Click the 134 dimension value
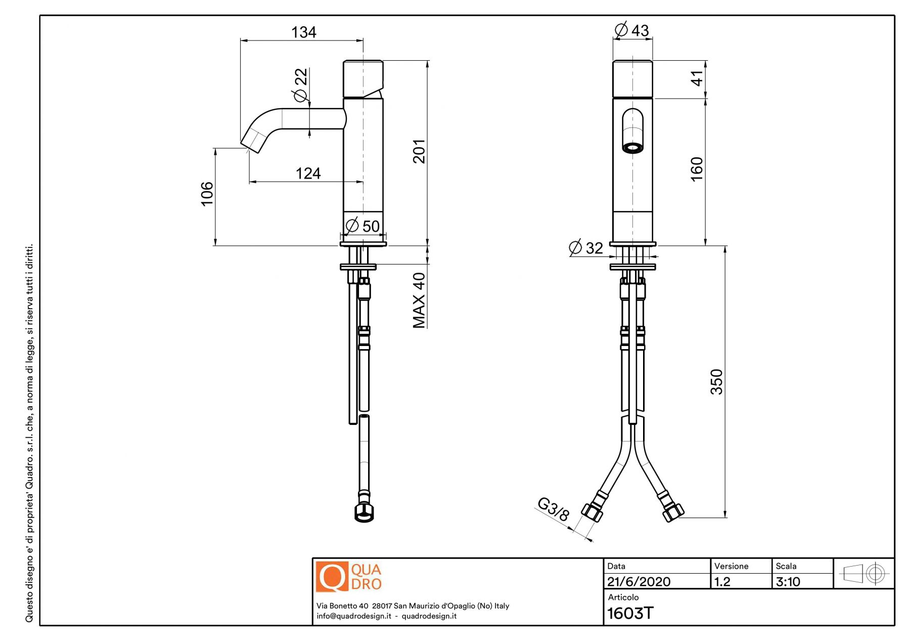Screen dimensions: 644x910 tap(303, 32)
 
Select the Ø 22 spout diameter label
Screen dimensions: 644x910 tap(300, 84)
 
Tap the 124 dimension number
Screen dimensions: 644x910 tap(308, 174)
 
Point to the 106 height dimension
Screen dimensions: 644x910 tap(207, 194)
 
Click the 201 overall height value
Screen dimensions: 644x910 tap(419, 151)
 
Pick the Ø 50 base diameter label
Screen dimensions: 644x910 tap(362, 226)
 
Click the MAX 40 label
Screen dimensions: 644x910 tap(419, 300)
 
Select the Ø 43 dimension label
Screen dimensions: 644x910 tap(631, 30)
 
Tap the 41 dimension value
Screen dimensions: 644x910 tap(697, 78)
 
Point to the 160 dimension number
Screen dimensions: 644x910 tap(697, 169)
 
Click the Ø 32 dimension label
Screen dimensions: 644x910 tap(586, 248)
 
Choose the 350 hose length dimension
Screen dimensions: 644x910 tap(716, 382)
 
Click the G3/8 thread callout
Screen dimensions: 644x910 tap(553, 509)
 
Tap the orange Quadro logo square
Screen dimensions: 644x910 tap(332, 576)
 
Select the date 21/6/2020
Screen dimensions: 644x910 tap(639, 582)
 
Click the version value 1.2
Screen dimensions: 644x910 tap(722, 582)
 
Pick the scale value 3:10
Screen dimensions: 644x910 tap(788, 582)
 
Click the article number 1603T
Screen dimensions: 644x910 tap(630, 613)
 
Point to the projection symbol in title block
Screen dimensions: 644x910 tap(863, 574)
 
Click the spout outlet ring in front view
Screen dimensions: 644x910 tap(632, 148)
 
